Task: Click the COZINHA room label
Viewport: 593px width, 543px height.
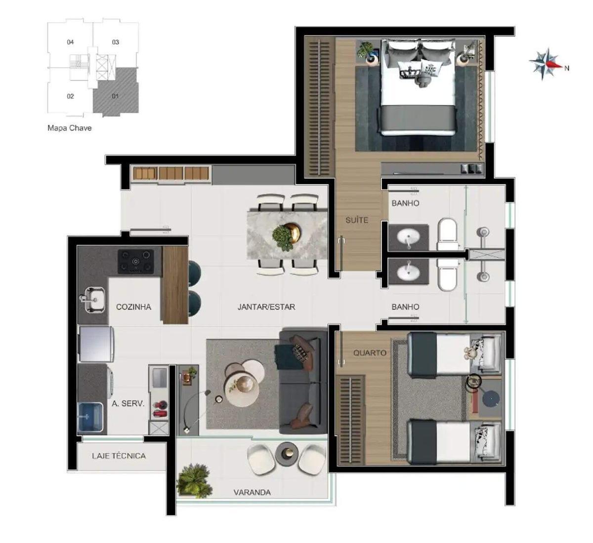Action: [133, 307]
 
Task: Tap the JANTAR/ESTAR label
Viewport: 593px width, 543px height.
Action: [266, 307]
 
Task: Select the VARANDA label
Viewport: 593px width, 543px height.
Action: [252, 492]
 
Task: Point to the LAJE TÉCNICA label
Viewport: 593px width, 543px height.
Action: [119, 456]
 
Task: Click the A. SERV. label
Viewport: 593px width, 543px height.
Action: [128, 403]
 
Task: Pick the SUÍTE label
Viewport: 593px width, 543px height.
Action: [356, 220]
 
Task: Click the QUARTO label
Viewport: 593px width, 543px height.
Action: [370, 353]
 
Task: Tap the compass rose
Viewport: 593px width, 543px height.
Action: [546, 64]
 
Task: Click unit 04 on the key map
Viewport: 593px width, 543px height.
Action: [71, 42]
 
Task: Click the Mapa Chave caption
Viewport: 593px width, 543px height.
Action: [69, 128]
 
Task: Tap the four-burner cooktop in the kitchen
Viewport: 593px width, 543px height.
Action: [135, 261]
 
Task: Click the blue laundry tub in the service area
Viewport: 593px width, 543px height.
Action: [90, 418]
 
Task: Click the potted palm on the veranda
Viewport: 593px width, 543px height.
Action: [194, 479]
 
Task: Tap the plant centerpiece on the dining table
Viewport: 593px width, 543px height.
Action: [286, 235]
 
